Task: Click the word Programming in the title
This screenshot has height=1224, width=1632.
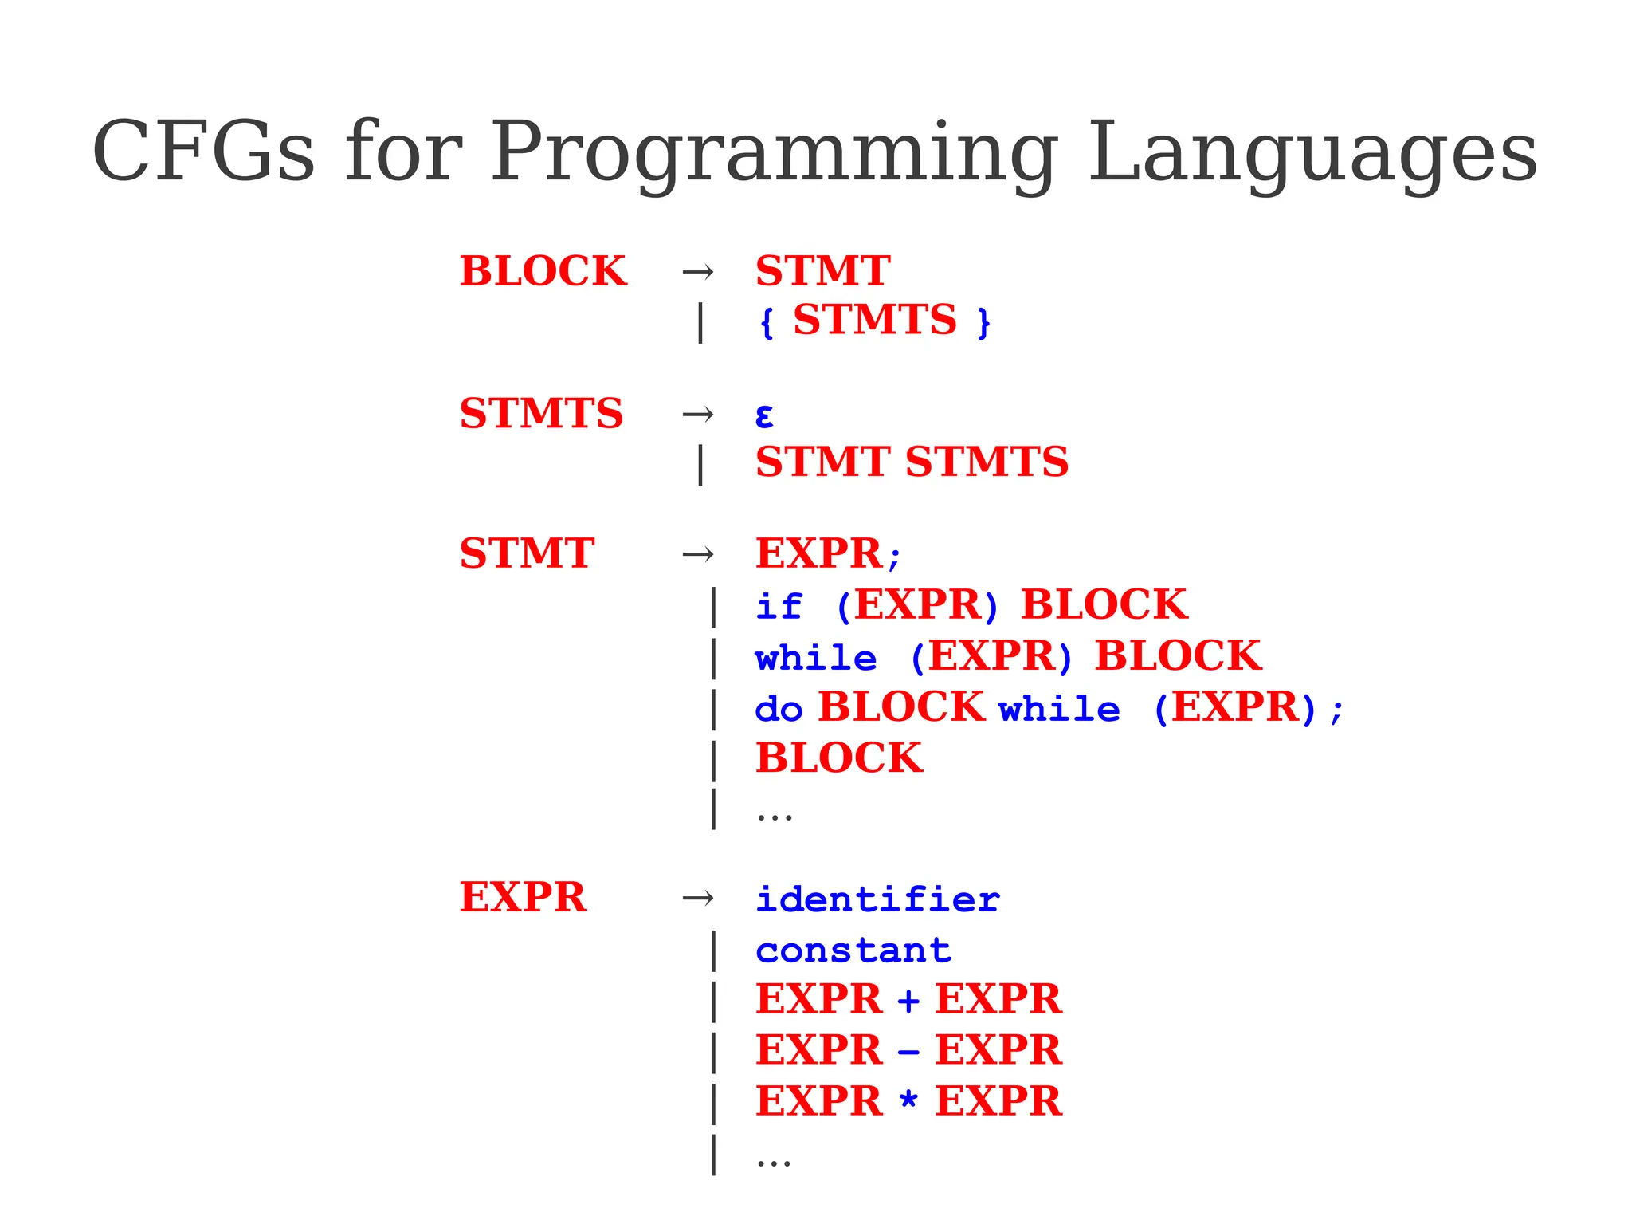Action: [x=773, y=153]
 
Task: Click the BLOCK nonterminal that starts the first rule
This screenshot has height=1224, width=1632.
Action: [x=543, y=271]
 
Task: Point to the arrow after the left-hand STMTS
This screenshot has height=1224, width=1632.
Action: [x=698, y=414]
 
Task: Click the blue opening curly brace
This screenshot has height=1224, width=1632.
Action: [x=767, y=323]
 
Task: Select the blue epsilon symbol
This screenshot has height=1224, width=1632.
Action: [x=763, y=415]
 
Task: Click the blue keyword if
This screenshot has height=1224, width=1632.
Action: [x=779, y=606]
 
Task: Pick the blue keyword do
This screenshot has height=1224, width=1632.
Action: [x=779, y=709]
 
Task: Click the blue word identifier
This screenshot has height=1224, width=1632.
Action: [x=877, y=899]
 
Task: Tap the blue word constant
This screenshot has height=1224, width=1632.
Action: [x=853, y=950]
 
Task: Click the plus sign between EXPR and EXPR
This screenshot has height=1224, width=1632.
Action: [x=908, y=1001]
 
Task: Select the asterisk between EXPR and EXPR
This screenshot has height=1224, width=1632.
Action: [x=908, y=1100]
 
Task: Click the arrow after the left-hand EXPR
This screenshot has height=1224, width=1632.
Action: [x=698, y=899]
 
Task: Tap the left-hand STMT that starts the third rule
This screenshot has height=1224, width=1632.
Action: [x=527, y=553]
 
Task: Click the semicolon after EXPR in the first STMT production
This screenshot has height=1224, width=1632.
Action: [x=894, y=557]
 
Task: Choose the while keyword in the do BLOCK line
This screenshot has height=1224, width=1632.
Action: [x=1059, y=709]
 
